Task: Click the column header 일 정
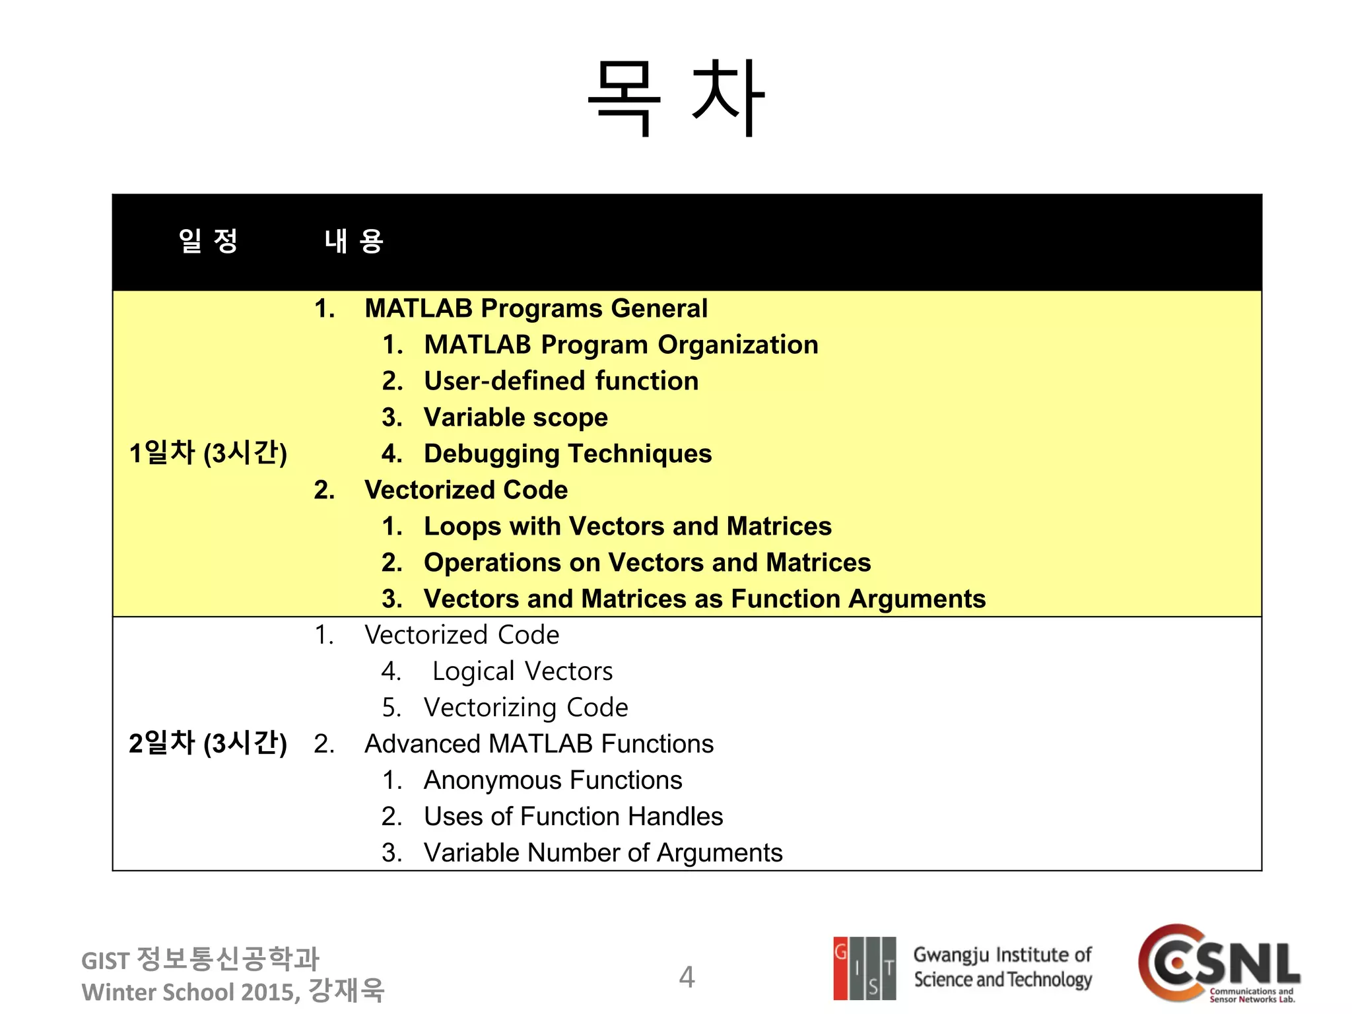coord(208,241)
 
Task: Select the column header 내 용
coord(354,241)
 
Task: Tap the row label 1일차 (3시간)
coord(208,453)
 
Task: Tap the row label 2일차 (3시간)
coord(208,743)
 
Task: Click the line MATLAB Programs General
coord(535,308)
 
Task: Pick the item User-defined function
coord(560,381)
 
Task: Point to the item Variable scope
coord(516,417)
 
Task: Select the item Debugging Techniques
coord(568,454)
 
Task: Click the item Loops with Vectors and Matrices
coord(627,526)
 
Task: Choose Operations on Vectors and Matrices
coord(647,562)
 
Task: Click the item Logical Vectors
coord(522,671)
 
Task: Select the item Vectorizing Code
coord(525,708)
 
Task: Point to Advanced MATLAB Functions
coord(539,744)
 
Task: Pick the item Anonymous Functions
coord(553,780)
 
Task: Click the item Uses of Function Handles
coord(573,817)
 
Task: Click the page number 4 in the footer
coord(687,977)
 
